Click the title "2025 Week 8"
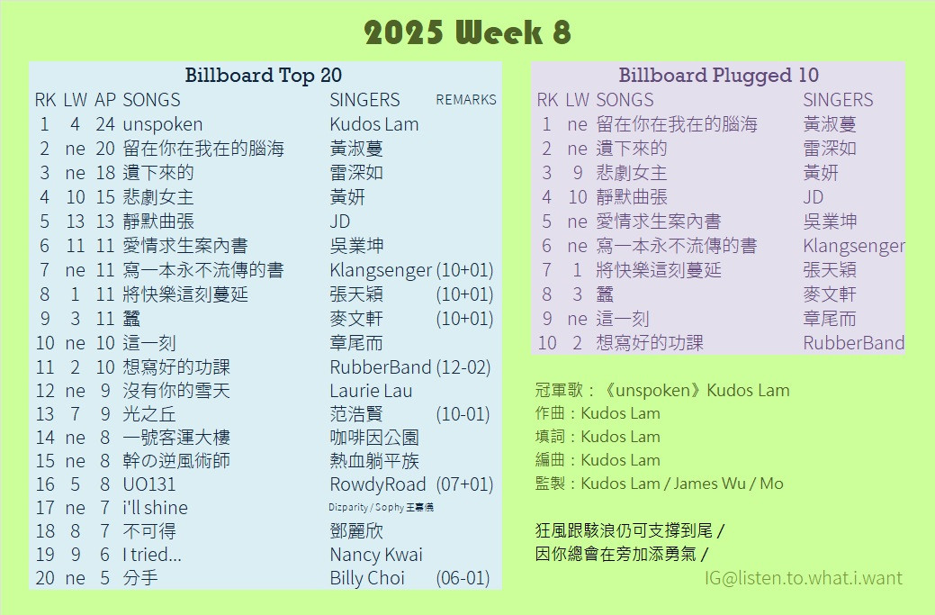pyautogui.click(x=468, y=32)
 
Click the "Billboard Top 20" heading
pyautogui.click(x=263, y=75)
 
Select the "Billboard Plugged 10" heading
pyautogui.click(x=718, y=75)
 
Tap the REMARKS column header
pyautogui.click(x=466, y=100)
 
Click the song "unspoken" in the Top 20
pyautogui.click(x=162, y=124)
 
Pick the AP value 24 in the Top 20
pyautogui.click(x=105, y=124)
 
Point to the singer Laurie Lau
pyautogui.click(x=371, y=391)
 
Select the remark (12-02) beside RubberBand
pyautogui.click(x=463, y=366)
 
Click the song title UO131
pyautogui.click(x=149, y=484)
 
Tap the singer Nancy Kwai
pyautogui.click(x=376, y=555)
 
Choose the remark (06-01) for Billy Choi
pyautogui.click(x=463, y=578)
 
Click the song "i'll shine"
pyautogui.click(x=155, y=508)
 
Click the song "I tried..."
pyautogui.click(x=152, y=555)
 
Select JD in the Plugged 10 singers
pyautogui.click(x=813, y=197)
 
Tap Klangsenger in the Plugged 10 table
pyautogui.click(x=854, y=246)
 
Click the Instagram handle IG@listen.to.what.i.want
pyautogui.click(x=804, y=578)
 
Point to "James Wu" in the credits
pyautogui.click(x=709, y=484)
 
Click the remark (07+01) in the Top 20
pyautogui.click(x=464, y=484)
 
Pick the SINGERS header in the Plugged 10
pyautogui.click(x=838, y=100)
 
